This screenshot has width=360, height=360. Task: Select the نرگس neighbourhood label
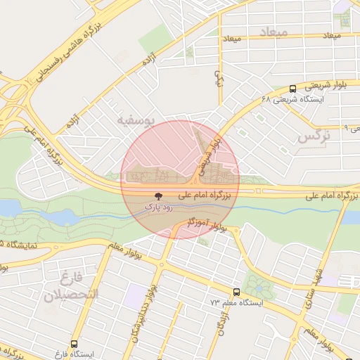click(314, 136)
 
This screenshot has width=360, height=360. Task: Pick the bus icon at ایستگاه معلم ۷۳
click(236, 291)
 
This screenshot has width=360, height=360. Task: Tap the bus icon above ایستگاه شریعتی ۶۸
click(292, 89)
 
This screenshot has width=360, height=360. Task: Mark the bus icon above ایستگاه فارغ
click(74, 341)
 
